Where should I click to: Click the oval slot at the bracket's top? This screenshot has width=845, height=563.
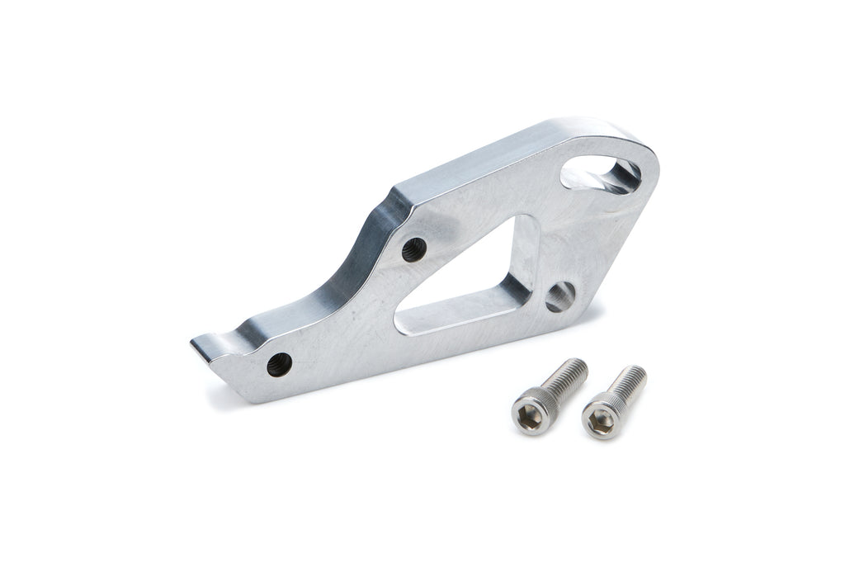600,174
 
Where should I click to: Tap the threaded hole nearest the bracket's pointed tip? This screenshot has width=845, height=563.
279,364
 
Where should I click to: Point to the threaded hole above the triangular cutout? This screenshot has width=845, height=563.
414,249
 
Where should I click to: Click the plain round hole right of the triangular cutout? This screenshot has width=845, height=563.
560,296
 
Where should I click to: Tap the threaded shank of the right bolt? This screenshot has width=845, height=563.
629,381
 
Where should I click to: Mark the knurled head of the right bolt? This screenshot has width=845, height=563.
607,410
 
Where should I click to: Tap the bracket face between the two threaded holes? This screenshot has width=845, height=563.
347,310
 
